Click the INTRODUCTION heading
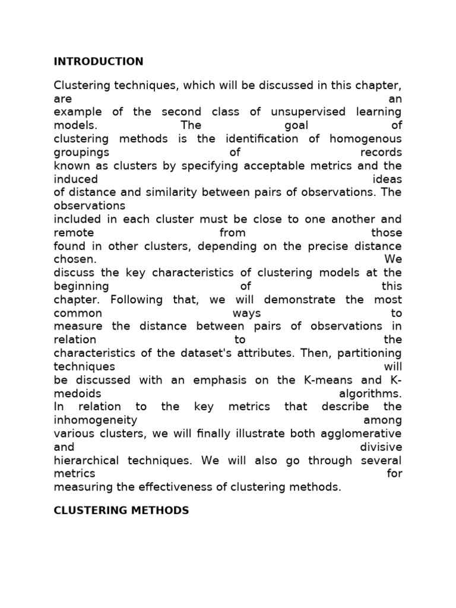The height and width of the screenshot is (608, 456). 99,62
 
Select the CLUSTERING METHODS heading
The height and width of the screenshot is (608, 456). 121,510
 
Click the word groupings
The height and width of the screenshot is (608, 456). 78,153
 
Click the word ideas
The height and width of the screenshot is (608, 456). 387,179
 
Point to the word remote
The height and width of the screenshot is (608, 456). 74,233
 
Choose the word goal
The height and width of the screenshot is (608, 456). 292,126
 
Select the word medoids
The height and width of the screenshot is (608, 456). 78,394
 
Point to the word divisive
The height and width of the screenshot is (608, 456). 381,447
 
